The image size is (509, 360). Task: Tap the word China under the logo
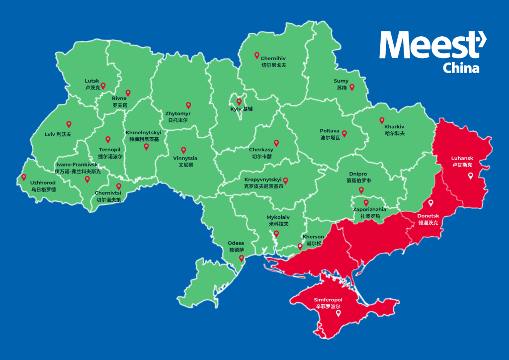tap(461, 68)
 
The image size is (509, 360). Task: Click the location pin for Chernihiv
tap(257, 56)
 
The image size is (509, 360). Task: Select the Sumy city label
tap(341, 81)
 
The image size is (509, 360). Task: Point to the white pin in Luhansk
tap(470, 176)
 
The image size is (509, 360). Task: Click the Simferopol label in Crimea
tap(328, 300)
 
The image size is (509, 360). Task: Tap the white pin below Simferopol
tap(339, 313)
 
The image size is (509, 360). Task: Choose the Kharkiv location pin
tap(382, 120)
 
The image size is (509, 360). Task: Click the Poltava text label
tap(330, 131)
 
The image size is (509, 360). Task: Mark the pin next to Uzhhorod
tap(23, 177)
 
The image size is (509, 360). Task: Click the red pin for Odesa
tap(242, 259)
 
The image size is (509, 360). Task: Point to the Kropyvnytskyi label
tap(263, 180)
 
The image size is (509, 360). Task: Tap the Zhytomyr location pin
tap(188, 105)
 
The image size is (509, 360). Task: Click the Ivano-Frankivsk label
tap(77, 165)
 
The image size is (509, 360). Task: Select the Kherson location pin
tap(300, 246)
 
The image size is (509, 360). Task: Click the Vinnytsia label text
tap(182, 159)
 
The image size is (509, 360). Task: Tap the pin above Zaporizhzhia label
tap(366, 202)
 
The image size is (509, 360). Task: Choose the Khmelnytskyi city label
tap(143, 133)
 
